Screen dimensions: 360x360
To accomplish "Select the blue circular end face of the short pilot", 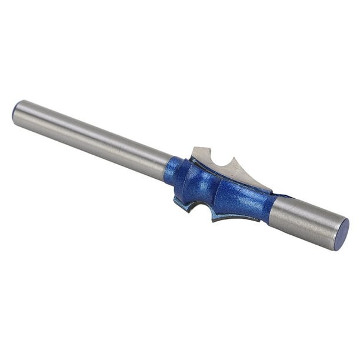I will click(342, 234).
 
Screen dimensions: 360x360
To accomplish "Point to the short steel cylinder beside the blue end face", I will click(306, 221).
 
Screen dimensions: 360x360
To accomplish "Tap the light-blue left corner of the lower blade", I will click(176, 203).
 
